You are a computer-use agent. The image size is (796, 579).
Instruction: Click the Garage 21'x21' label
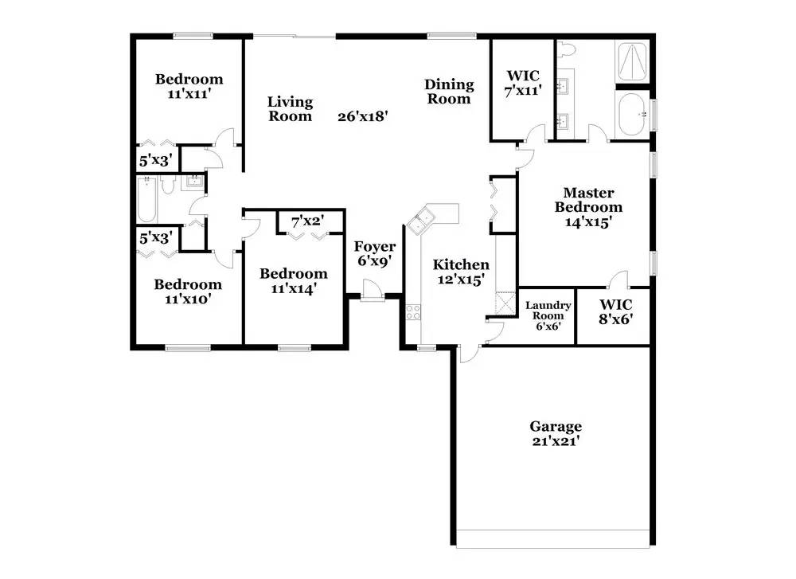point(556,433)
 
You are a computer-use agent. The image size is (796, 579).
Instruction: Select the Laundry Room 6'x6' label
point(548,315)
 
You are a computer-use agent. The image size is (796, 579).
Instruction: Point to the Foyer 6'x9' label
point(375,253)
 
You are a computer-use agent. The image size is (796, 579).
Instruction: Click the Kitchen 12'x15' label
point(461,272)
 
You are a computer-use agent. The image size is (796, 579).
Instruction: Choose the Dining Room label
point(449,92)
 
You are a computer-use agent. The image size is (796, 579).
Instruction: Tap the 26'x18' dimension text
point(363,116)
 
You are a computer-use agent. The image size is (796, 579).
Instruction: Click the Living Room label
point(290,108)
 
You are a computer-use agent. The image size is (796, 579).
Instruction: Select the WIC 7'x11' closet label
point(523,84)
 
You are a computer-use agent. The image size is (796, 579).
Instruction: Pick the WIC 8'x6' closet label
point(616,311)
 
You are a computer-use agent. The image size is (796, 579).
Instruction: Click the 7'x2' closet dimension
point(307,221)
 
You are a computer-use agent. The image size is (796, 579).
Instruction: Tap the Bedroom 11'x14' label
point(294,281)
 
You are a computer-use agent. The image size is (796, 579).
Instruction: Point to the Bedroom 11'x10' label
point(188,291)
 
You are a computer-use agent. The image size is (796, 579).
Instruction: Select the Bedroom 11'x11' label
point(189,86)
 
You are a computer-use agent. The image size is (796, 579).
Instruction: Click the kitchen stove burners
point(412,312)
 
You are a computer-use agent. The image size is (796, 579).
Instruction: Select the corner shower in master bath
point(632,61)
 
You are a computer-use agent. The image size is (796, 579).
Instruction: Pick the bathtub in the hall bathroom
point(146,199)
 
